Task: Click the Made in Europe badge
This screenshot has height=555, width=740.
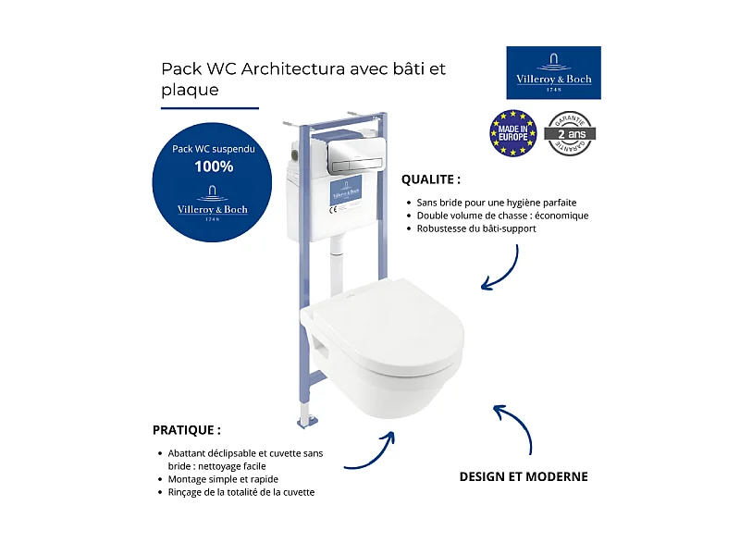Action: [x=512, y=133]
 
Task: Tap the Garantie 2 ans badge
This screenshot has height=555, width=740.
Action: [x=570, y=133]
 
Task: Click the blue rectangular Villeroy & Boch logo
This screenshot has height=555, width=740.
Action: [x=553, y=72]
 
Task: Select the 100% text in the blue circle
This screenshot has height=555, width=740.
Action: [x=214, y=167]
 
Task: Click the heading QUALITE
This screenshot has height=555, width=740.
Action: [x=430, y=179]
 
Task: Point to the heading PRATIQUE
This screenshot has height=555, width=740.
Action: [x=187, y=430]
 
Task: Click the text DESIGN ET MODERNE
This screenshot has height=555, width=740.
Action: [x=524, y=477]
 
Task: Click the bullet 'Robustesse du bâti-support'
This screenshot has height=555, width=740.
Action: [x=476, y=228]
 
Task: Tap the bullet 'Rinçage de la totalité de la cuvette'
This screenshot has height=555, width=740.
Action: [x=241, y=492]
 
